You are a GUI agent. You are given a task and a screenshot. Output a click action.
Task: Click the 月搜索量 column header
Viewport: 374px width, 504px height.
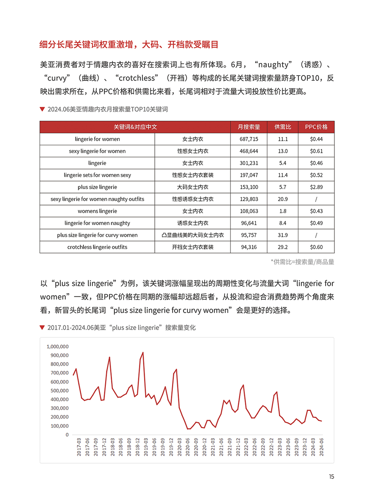(249, 127)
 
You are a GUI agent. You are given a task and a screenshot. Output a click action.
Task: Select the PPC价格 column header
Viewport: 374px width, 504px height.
(316, 127)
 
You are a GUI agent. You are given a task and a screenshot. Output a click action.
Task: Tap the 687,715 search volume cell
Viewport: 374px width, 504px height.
(249, 139)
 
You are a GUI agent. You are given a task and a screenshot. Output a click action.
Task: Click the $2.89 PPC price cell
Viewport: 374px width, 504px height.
(316, 187)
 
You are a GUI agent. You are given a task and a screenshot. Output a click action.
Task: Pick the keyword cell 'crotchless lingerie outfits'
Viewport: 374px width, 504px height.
(97, 247)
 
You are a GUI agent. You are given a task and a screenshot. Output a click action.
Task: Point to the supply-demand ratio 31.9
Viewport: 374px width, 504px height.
(283, 235)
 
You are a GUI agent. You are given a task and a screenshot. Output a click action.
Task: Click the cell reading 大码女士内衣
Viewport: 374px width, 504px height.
(193, 187)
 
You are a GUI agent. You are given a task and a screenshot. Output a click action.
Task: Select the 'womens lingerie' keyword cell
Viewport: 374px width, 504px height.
(97, 211)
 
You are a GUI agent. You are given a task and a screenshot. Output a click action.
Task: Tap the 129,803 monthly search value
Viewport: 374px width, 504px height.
(249, 199)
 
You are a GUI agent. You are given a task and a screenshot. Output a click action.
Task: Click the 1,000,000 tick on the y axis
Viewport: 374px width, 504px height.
(57, 346)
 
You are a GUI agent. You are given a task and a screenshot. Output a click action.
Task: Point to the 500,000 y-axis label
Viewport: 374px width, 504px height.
(59, 391)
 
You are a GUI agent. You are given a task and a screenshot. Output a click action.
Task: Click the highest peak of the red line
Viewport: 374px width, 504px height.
(143, 352)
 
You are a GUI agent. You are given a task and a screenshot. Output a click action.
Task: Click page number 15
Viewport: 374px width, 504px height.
(331, 477)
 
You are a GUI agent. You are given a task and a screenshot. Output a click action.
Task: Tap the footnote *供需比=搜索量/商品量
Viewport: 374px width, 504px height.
(302, 262)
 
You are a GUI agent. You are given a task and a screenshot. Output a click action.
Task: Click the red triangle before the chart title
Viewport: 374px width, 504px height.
(42, 328)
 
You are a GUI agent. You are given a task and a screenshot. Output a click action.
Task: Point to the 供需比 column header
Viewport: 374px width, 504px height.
(283, 127)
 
